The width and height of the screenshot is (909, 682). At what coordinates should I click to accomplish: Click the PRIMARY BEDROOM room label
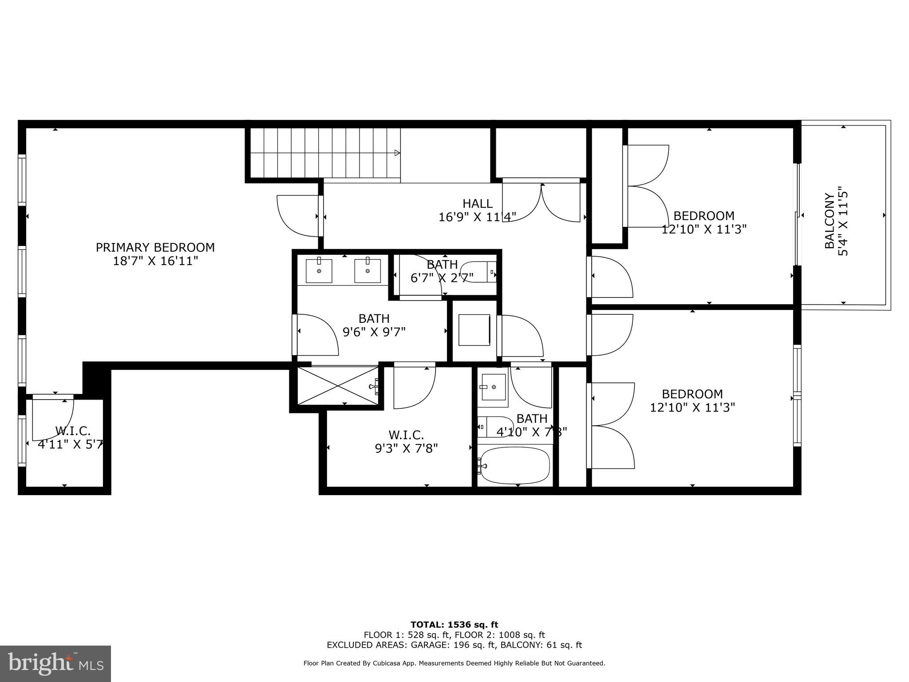tap(155, 247)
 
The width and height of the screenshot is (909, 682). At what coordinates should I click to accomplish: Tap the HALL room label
tap(477, 204)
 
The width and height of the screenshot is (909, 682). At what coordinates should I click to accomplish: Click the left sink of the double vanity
tap(319, 270)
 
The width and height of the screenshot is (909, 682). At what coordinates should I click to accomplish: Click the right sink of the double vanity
tap(367, 270)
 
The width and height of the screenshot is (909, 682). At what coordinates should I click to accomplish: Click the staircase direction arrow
tap(397, 153)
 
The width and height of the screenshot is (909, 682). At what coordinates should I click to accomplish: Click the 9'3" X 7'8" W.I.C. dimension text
tap(406, 448)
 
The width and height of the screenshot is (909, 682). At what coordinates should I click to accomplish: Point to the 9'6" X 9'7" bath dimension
tap(374, 332)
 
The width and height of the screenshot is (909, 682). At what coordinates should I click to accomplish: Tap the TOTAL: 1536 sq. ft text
tap(454, 625)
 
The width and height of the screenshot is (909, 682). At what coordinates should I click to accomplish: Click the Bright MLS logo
tap(55, 663)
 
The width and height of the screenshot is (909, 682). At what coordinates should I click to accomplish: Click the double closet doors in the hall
tap(541, 202)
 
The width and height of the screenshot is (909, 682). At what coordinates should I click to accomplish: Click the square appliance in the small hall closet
tap(474, 330)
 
